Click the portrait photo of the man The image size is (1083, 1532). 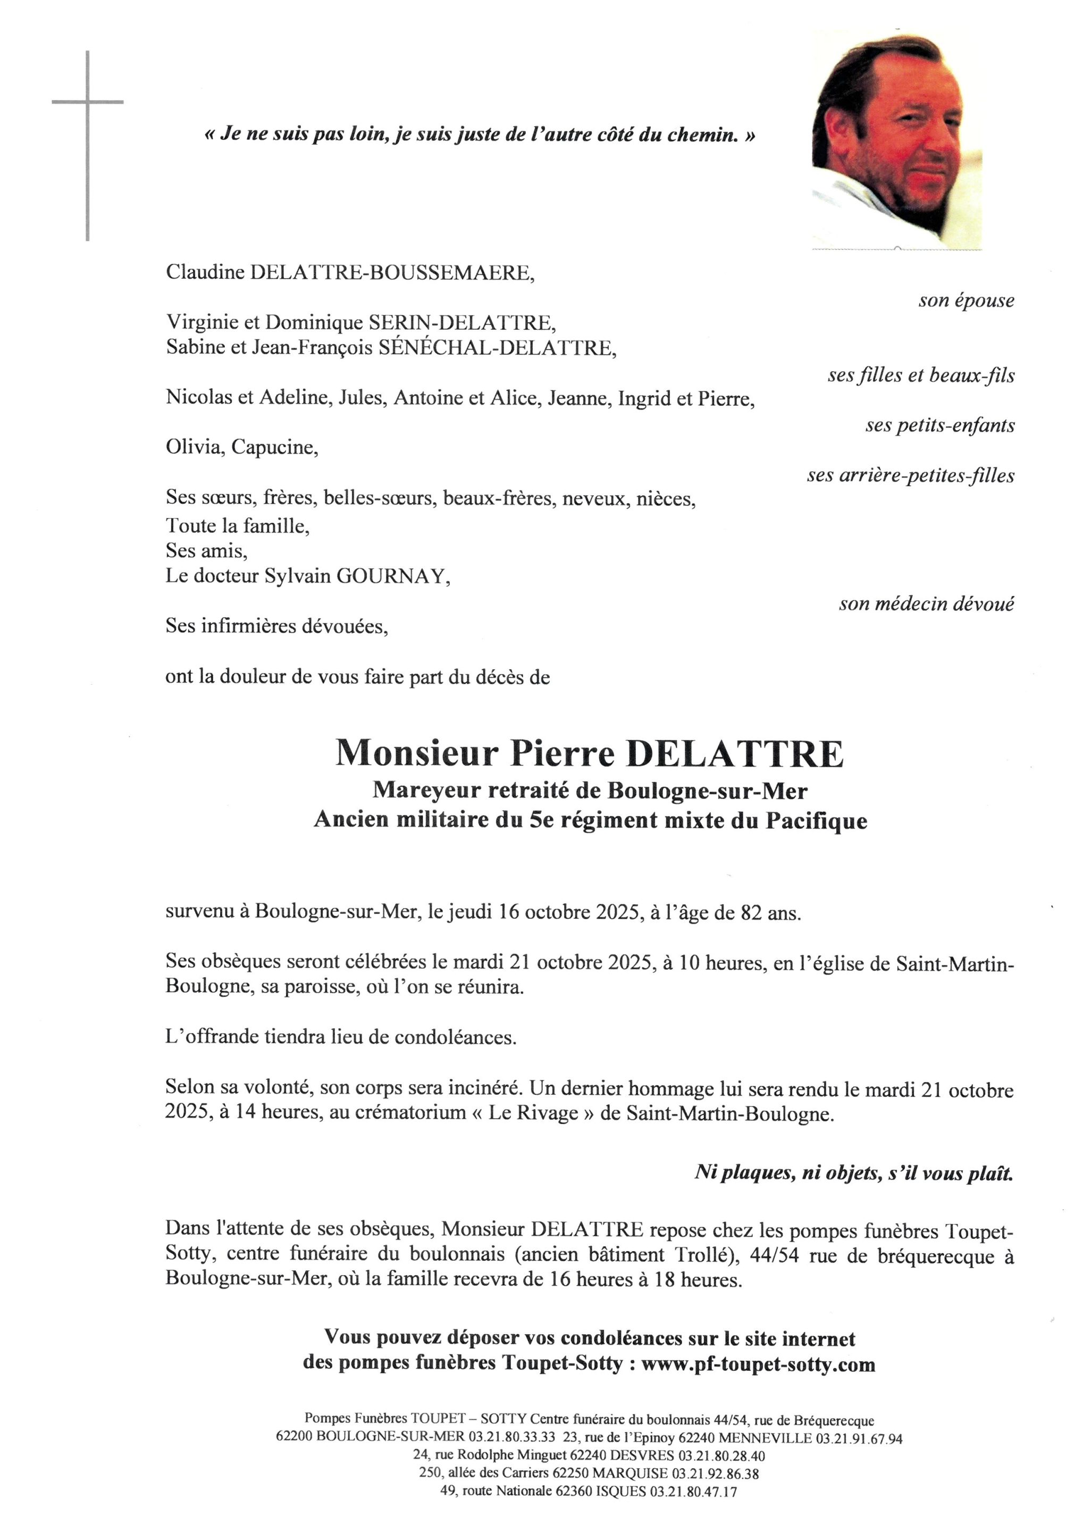coord(896,140)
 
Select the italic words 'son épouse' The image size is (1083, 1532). coord(966,301)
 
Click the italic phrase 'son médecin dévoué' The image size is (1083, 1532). coord(926,604)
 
